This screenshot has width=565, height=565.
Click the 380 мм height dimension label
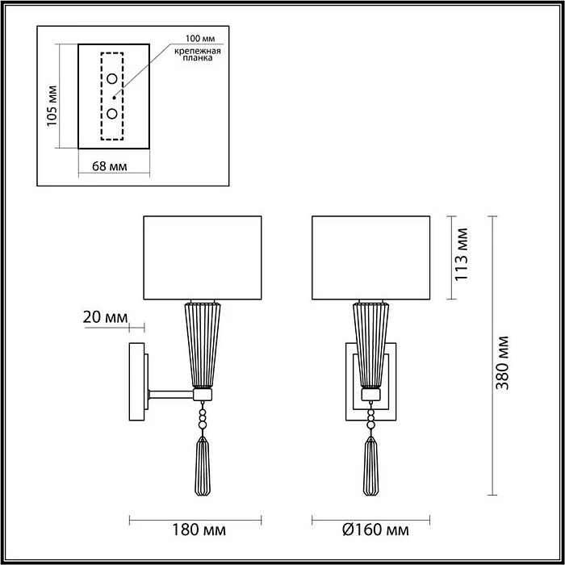504,361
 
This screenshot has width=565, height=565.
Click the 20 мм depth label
106,317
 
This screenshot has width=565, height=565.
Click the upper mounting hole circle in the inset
112,79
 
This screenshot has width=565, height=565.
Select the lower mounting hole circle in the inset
112,113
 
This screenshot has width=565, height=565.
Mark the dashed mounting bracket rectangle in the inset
103,96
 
